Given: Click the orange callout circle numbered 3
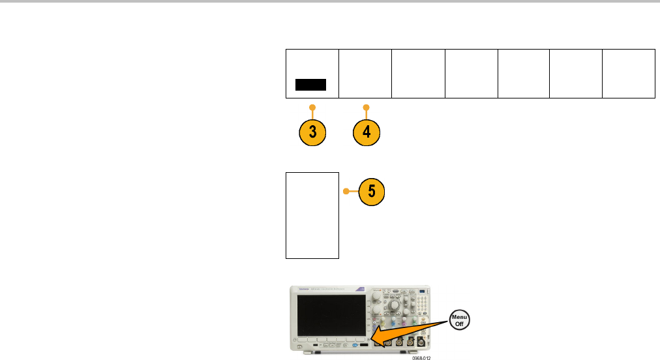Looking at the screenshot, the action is pyautogui.click(x=313, y=131).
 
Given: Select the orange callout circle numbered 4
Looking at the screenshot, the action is pyautogui.click(x=367, y=131).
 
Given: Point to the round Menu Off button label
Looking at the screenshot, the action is pyautogui.click(x=460, y=320).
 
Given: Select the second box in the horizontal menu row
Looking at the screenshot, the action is pyautogui.click(x=365, y=73).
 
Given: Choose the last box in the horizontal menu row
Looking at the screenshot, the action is pyautogui.click(x=629, y=73).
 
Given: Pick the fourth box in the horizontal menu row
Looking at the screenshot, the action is pyautogui.click(x=471, y=73).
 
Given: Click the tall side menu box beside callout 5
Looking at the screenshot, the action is pyautogui.click(x=313, y=215).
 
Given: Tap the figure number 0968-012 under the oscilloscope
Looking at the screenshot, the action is pyautogui.click(x=422, y=357).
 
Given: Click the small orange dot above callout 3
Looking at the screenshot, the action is pyautogui.click(x=313, y=106).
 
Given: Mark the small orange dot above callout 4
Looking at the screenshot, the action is pyautogui.click(x=367, y=106).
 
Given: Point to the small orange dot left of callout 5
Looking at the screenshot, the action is pyautogui.click(x=346, y=192).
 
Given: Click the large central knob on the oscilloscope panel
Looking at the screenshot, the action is pyautogui.click(x=395, y=305).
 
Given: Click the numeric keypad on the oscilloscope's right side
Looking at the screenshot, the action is pyautogui.click(x=425, y=304).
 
